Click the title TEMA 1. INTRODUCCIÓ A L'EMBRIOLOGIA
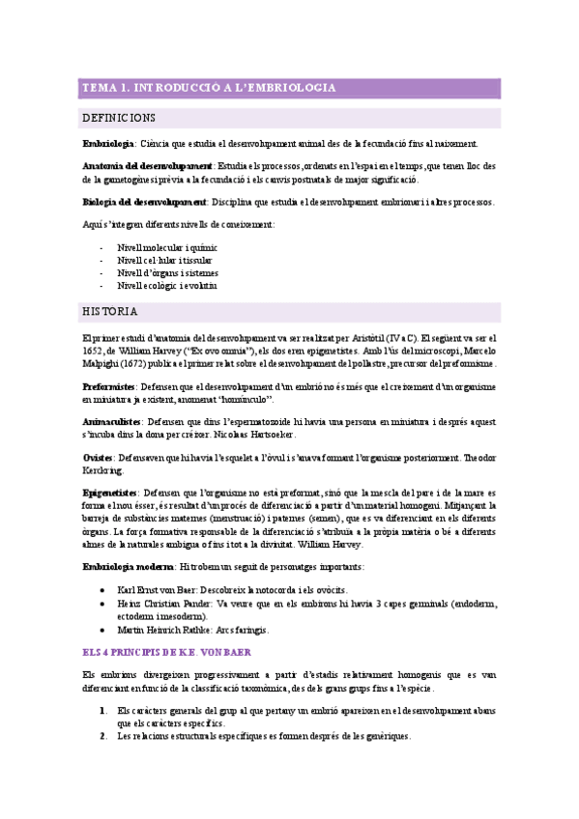coord(209,88)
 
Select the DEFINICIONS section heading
coord(119,118)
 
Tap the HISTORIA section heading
coord(110,312)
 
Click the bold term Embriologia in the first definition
coord(108,144)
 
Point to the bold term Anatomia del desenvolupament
coord(147,166)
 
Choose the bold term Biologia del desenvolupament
coord(144,202)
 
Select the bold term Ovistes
coord(99,457)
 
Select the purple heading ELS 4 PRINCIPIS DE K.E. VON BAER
coord(166,654)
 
